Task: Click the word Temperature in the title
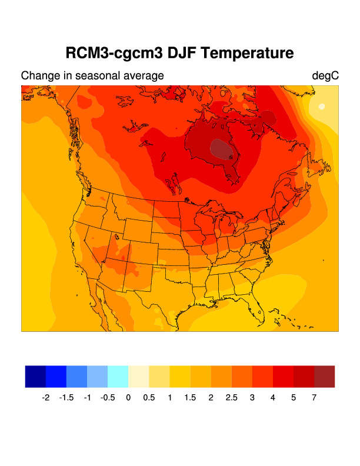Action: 246,54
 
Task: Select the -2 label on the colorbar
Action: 45,398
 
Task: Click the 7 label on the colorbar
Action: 314,398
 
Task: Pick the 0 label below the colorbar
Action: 128,398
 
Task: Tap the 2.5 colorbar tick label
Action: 232,398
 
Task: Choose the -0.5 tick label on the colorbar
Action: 107,398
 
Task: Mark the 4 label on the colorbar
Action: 273,398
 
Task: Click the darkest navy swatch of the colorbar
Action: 35,377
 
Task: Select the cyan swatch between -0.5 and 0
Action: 118,377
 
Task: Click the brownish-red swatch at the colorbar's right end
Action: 324,377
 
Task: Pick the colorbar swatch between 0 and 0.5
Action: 138,377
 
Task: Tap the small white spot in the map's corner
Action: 321,106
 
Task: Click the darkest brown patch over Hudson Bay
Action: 225,149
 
